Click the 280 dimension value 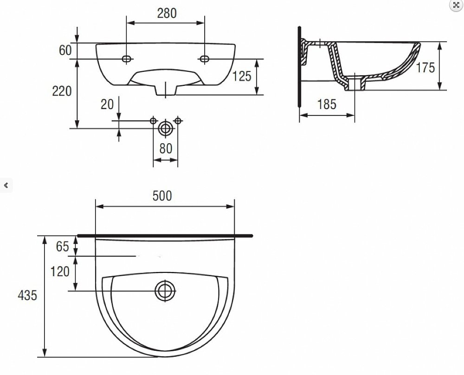pos(167,13)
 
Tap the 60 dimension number pos(65,50)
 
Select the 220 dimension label pos(62,91)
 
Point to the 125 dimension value pos(242,77)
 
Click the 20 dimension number pos(107,104)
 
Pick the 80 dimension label pos(166,149)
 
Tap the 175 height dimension pos(425,68)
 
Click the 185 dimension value pos(327,104)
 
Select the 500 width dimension pos(162,196)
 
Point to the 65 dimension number pos(63,246)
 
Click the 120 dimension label pos(60,272)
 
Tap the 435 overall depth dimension pos(27,295)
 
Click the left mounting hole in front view pos(126,59)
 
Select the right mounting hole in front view pos(204,59)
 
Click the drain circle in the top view pos(165,291)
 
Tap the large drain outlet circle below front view pos(166,129)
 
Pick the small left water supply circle pos(153,121)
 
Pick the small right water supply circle pos(178,121)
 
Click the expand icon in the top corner pos(456,5)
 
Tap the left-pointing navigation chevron pos(6,186)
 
